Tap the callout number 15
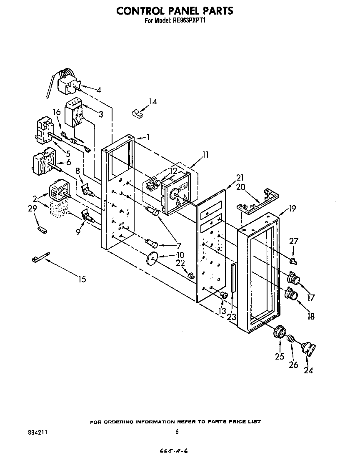[82, 279]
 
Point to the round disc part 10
[152, 259]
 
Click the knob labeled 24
[308, 349]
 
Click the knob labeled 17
[293, 278]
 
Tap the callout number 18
[310, 316]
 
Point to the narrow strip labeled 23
[233, 278]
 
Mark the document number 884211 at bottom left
[37, 432]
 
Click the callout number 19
[292, 209]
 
